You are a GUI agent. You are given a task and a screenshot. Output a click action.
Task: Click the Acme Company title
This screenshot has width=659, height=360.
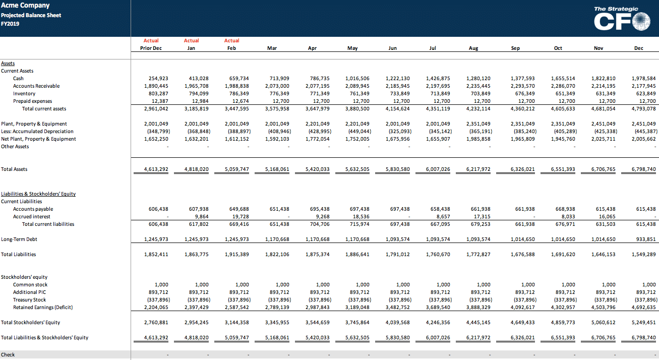coord(25,5)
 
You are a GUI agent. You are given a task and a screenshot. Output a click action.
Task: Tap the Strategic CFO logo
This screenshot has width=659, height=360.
coord(622,18)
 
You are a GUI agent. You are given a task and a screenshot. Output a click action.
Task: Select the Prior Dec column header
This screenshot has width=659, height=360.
coord(151,48)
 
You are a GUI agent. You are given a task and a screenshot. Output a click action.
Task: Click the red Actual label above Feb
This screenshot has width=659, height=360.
coord(231,40)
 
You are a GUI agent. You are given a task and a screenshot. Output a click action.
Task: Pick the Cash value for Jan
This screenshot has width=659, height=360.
coord(199,79)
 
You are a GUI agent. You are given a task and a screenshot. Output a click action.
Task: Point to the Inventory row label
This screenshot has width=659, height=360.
coord(24,94)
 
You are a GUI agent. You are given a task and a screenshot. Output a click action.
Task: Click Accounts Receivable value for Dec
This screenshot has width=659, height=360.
coord(644,86)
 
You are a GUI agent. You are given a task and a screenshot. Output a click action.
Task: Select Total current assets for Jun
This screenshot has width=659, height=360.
coord(397,109)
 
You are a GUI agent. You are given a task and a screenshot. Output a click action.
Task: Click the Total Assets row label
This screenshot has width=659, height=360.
coord(14,169)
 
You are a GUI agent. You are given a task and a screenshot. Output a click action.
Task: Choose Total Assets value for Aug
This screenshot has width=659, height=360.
coord(478,169)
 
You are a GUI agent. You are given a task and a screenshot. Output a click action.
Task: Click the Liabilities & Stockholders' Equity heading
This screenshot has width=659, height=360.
coord(38,194)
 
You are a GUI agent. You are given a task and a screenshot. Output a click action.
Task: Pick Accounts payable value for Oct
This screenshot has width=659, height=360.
coord(565,209)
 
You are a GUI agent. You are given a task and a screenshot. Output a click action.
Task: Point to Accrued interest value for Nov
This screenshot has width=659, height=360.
coord(608,217)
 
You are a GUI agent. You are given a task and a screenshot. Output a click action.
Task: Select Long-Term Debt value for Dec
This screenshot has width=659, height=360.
coord(646,239)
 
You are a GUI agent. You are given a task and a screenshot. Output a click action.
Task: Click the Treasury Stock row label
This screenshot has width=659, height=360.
coord(29,299)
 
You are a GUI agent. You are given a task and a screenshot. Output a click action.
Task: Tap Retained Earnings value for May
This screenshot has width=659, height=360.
coord(357,308)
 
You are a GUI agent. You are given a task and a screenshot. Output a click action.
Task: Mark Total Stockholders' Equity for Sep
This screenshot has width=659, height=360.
coord(523,323)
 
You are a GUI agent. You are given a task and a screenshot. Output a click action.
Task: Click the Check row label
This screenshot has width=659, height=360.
coord(8,355)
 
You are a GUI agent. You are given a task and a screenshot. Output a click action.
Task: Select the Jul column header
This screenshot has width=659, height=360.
coord(433,48)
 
